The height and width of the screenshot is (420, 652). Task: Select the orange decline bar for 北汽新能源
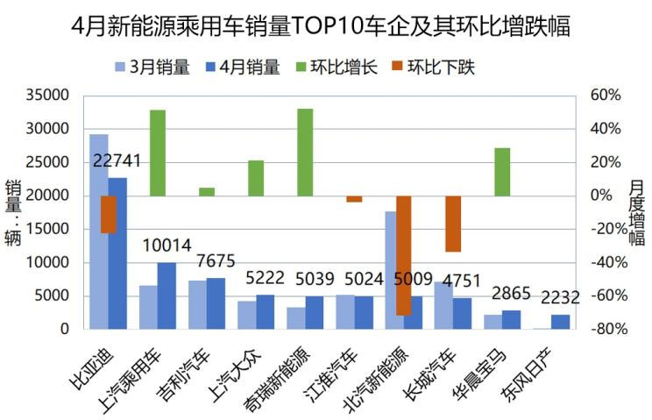(x=403, y=254)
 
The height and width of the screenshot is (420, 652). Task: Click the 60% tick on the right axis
(x=605, y=95)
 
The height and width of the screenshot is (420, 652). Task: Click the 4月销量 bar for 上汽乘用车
(x=167, y=295)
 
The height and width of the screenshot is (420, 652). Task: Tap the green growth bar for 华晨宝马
(x=502, y=171)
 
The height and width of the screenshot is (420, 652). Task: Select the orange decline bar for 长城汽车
(x=453, y=224)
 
